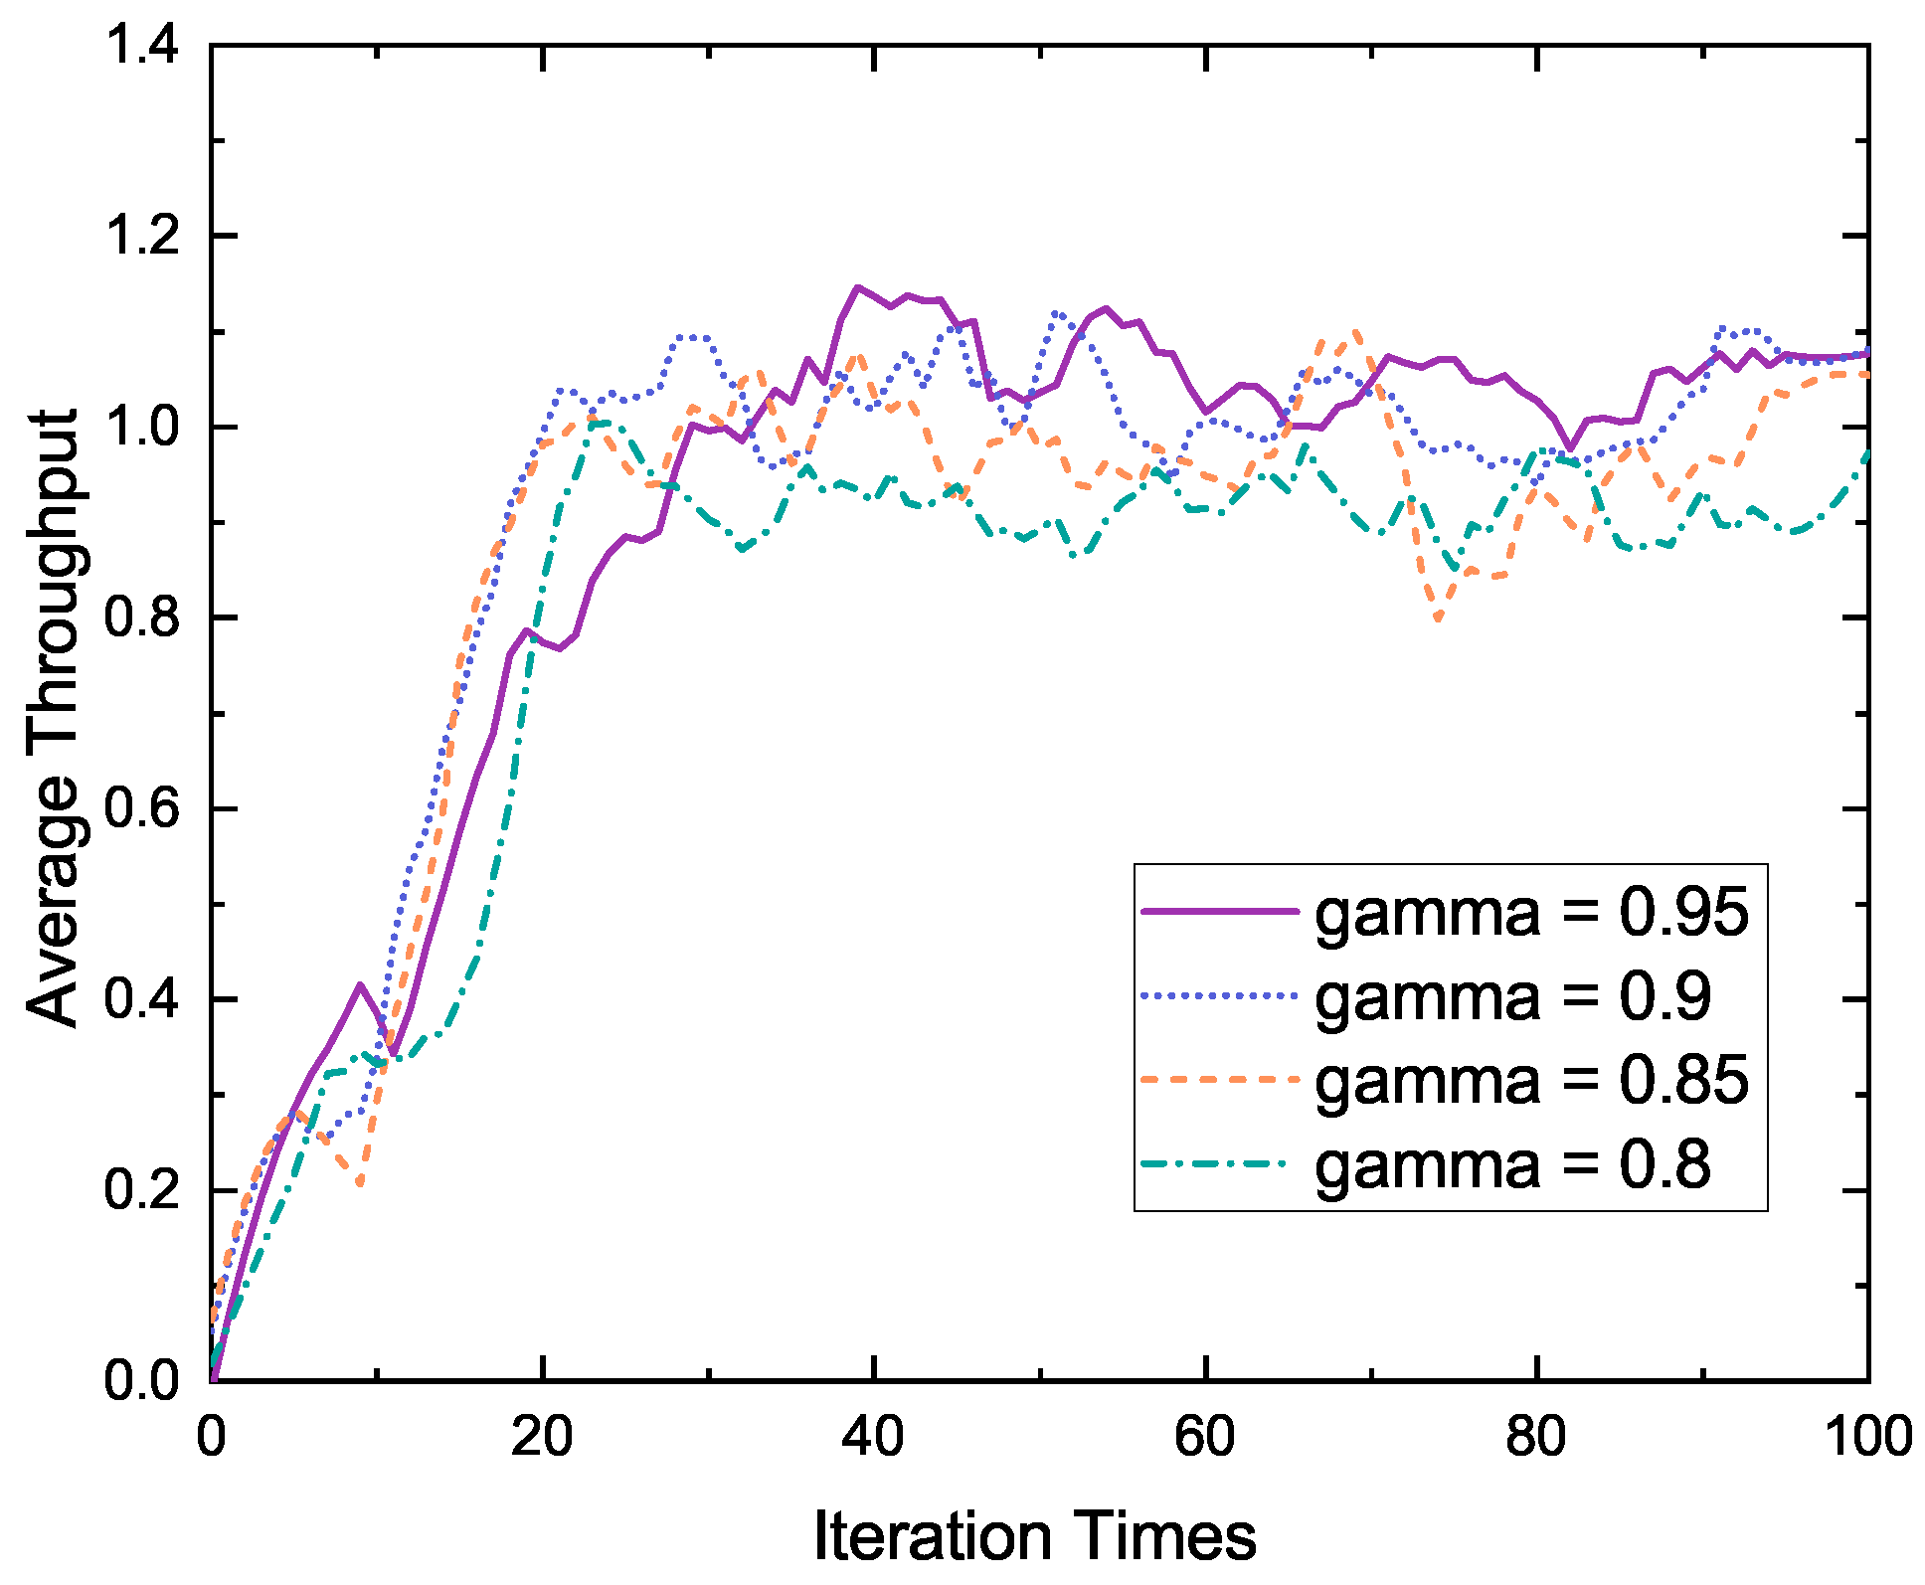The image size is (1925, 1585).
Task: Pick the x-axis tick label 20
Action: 542,1437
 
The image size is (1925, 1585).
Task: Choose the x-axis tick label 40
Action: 873,1437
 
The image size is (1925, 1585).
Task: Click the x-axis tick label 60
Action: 1205,1437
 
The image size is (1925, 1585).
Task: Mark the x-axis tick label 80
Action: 1536,1437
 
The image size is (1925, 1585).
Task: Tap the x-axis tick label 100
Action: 1868,1437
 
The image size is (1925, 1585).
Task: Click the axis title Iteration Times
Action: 1034,1536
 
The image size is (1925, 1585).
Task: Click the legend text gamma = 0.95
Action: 1531,911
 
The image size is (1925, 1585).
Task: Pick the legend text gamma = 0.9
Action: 1511,995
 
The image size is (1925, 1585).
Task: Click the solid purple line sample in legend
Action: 1220,911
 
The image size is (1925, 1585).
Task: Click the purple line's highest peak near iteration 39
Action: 857,287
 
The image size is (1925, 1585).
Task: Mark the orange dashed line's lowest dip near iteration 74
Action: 1438,619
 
